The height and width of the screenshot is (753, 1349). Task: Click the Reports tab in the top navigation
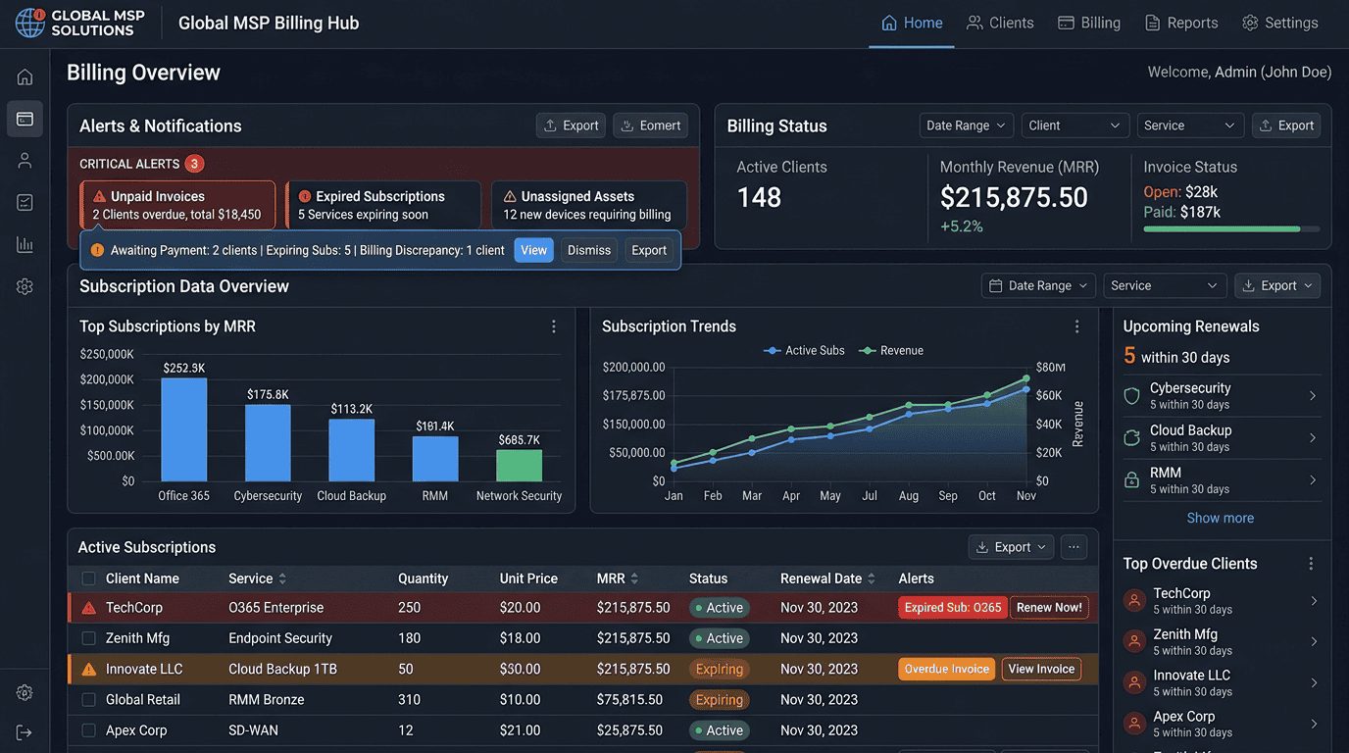click(x=1181, y=23)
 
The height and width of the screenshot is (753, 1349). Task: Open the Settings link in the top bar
click(x=1279, y=23)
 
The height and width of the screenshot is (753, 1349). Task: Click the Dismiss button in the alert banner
click(x=588, y=250)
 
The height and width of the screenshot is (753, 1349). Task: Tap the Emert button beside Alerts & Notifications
click(x=650, y=125)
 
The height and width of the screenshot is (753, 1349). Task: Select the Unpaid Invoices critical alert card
click(x=177, y=205)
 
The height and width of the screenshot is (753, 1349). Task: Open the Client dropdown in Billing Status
click(x=1074, y=125)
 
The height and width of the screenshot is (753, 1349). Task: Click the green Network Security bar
click(x=519, y=465)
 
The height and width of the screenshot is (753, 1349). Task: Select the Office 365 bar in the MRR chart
click(x=183, y=429)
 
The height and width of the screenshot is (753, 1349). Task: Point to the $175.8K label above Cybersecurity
click(x=268, y=394)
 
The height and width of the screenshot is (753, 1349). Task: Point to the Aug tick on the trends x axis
click(x=908, y=496)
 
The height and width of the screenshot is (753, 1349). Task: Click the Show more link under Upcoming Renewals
click(x=1221, y=518)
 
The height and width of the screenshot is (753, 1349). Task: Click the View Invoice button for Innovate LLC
click(x=1041, y=669)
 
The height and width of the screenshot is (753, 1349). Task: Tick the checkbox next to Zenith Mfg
click(x=88, y=638)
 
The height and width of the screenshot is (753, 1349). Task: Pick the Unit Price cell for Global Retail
click(x=520, y=699)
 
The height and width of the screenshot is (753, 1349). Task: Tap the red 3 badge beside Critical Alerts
click(x=194, y=164)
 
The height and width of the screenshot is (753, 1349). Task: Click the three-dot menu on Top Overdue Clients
click(x=1311, y=563)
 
